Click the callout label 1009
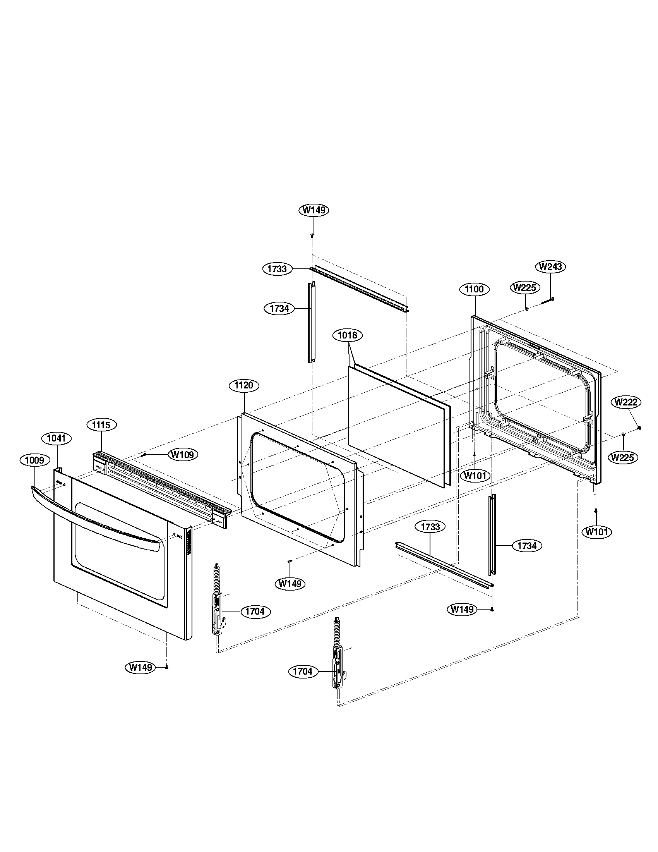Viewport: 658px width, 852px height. click(x=35, y=460)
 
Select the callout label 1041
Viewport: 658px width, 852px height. click(x=57, y=438)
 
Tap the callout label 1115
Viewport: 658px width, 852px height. click(x=101, y=425)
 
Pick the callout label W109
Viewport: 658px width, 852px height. click(x=183, y=455)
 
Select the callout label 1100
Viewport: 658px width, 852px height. click(x=475, y=289)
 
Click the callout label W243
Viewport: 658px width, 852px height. click(x=551, y=267)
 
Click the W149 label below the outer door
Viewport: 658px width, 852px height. click(x=141, y=667)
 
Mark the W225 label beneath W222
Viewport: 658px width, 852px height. click(x=623, y=457)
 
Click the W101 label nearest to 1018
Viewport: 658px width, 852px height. click(x=475, y=476)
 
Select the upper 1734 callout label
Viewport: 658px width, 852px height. click(x=279, y=309)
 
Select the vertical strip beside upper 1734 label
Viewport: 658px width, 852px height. click(x=311, y=323)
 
